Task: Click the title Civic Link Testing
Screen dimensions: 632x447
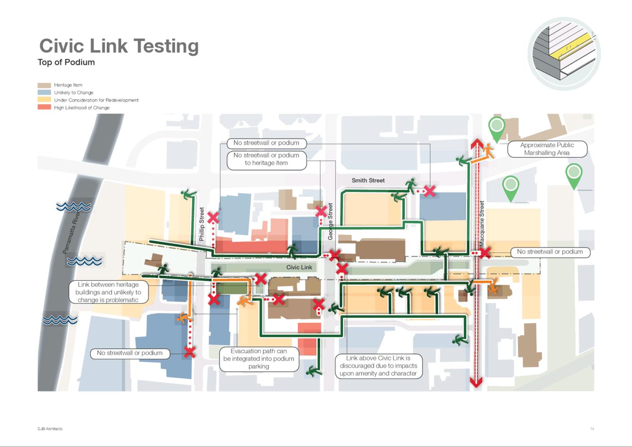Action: pyautogui.click(x=119, y=46)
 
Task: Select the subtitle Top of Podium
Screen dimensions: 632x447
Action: pyautogui.click(x=66, y=62)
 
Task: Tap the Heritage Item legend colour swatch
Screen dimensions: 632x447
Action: pyautogui.click(x=44, y=85)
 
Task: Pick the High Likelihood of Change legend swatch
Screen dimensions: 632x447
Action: pyautogui.click(x=44, y=108)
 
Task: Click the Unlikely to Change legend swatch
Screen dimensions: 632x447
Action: pyautogui.click(x=44, y=92)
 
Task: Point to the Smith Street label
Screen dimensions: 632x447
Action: pyautogui.click(x=368, y=181)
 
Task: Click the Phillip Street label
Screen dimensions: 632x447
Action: pyautogui.click(x=201, y=224)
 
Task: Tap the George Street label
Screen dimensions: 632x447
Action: pyautogui.click(x=331, y=221)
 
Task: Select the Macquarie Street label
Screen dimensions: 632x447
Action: pyautogui.click(x=482, y=223)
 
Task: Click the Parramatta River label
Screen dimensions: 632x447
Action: pyautogui.click(x=71, y=232)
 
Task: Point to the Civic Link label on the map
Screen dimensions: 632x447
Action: pyautogui.click(x=299, y=267)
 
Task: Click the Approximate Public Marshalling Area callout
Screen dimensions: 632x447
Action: pyautogui.click(x=547, y=149)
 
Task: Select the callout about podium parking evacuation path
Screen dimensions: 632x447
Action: pyautogui.click(x=259, y=359)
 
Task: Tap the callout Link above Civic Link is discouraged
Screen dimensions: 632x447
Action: pyautogui.click(x=379, y=366)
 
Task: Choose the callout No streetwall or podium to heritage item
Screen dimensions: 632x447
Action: pyautogui.click(x=266, y=159)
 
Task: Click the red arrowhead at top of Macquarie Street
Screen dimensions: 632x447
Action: pyautogui.click(x=476, y=143)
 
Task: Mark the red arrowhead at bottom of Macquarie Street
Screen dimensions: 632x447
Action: pyautogui.click(x=476, y=382)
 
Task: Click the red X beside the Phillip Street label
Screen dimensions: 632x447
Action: pyautogui.click(x=213, y=218)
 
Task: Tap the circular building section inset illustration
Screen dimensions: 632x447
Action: pyautogui.click(x=564, y=54)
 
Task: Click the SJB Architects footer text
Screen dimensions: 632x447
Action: pyautogui.click(x=50, y=429)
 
